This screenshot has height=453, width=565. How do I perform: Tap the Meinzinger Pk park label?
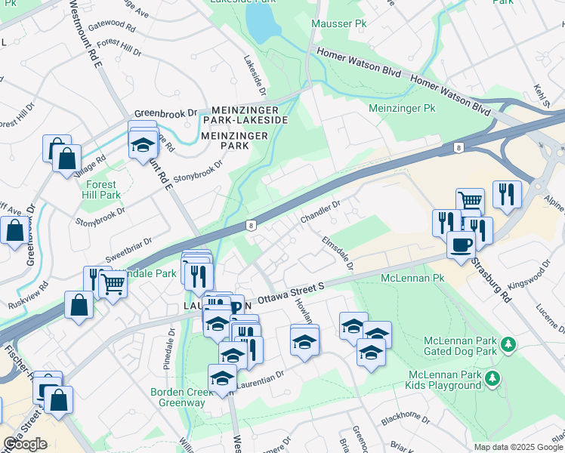click(x=402, y=109)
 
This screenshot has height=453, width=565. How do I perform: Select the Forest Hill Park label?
click(x=100, y=190)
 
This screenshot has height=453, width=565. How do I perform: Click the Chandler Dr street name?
click(x=321, y=211)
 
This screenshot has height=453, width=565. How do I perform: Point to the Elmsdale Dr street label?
click(x=338, y=254)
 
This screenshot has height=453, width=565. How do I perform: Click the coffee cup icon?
click(x=461, y=244)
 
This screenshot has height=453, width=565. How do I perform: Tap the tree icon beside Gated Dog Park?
click(x=509, y=345)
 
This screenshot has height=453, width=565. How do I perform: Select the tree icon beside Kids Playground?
click(x=492, y=377)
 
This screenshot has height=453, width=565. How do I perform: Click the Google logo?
click(x=25, y=444)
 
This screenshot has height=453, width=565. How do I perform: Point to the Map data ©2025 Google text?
click(x=518, y=447)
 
